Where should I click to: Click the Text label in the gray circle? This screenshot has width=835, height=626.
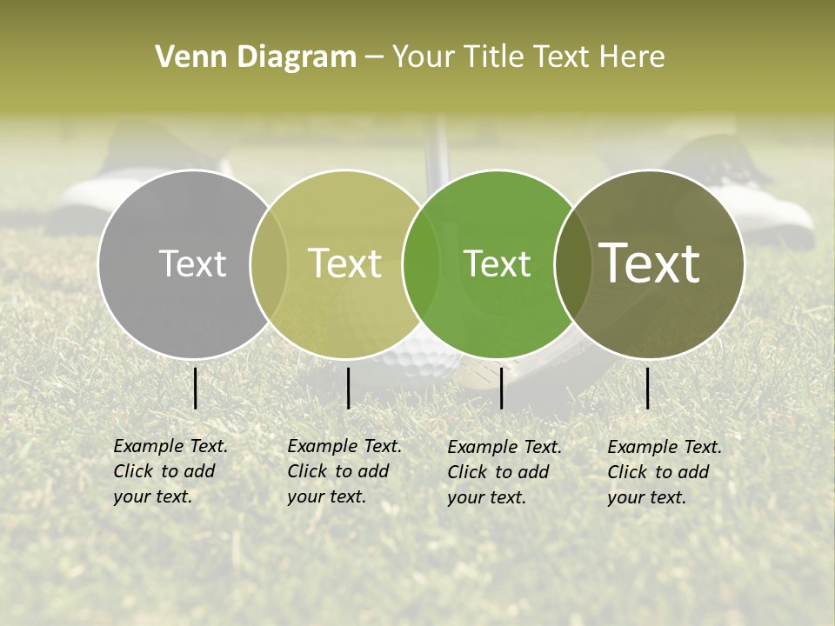[x=192, y=263]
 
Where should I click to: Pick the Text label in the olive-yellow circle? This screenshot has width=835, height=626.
[x=344, y=263]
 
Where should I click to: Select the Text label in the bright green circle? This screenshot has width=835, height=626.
[x=497, y=263]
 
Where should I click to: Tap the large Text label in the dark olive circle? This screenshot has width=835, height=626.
[x=650, y=263]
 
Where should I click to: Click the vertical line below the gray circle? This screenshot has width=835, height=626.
[x=196, y=388]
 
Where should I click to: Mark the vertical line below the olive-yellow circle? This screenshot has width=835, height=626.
[x=348, y=388]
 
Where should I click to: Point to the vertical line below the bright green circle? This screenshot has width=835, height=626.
[x=502, y=388]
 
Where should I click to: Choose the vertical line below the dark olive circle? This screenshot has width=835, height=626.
[x=648, y=388]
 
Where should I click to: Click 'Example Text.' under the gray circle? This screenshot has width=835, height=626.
[x=170, y=446]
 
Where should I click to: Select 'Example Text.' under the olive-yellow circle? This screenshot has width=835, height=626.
[x=344, y=446]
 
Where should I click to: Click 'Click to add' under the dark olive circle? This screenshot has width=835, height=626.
[x=658, y=472]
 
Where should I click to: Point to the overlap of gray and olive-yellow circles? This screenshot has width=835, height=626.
[x=269, y=263]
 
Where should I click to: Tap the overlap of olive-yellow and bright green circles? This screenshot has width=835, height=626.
[x=421, y=263]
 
